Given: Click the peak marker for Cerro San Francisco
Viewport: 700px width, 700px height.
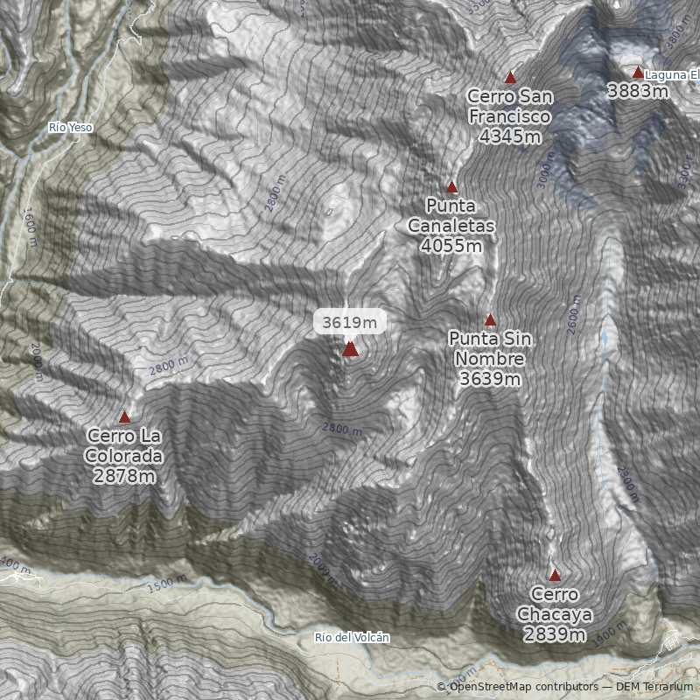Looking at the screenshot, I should tap(510, 78).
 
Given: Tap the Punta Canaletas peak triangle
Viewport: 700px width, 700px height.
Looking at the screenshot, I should tap(452, 186).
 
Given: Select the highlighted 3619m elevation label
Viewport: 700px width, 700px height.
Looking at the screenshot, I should tap(350, 323).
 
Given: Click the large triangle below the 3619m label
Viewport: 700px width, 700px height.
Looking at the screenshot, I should tap(350, 349).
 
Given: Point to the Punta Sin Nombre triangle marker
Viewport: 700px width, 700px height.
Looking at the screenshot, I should tap(490, 320).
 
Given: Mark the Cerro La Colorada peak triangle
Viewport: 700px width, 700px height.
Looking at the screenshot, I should tap(124, 417).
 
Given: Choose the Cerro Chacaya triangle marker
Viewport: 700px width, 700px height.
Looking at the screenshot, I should tap(555, 575).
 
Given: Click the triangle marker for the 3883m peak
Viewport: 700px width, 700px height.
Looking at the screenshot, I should tap(638, 73).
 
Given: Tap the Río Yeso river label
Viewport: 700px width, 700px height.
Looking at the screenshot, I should tap(70, 128).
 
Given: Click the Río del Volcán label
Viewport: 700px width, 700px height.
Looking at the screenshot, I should tap(352, 638).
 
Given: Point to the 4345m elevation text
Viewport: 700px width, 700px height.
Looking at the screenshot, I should tap(509, 136).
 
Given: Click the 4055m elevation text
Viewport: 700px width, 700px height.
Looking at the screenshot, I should tap(451, 246).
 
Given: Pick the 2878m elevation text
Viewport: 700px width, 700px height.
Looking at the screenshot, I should tap(124, 476).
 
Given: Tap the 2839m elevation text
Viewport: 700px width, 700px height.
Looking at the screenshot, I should tap(555, 634).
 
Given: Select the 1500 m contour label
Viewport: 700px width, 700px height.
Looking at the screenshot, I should tap(167, 583).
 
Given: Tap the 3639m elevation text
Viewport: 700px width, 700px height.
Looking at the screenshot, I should tap(490, 379).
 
